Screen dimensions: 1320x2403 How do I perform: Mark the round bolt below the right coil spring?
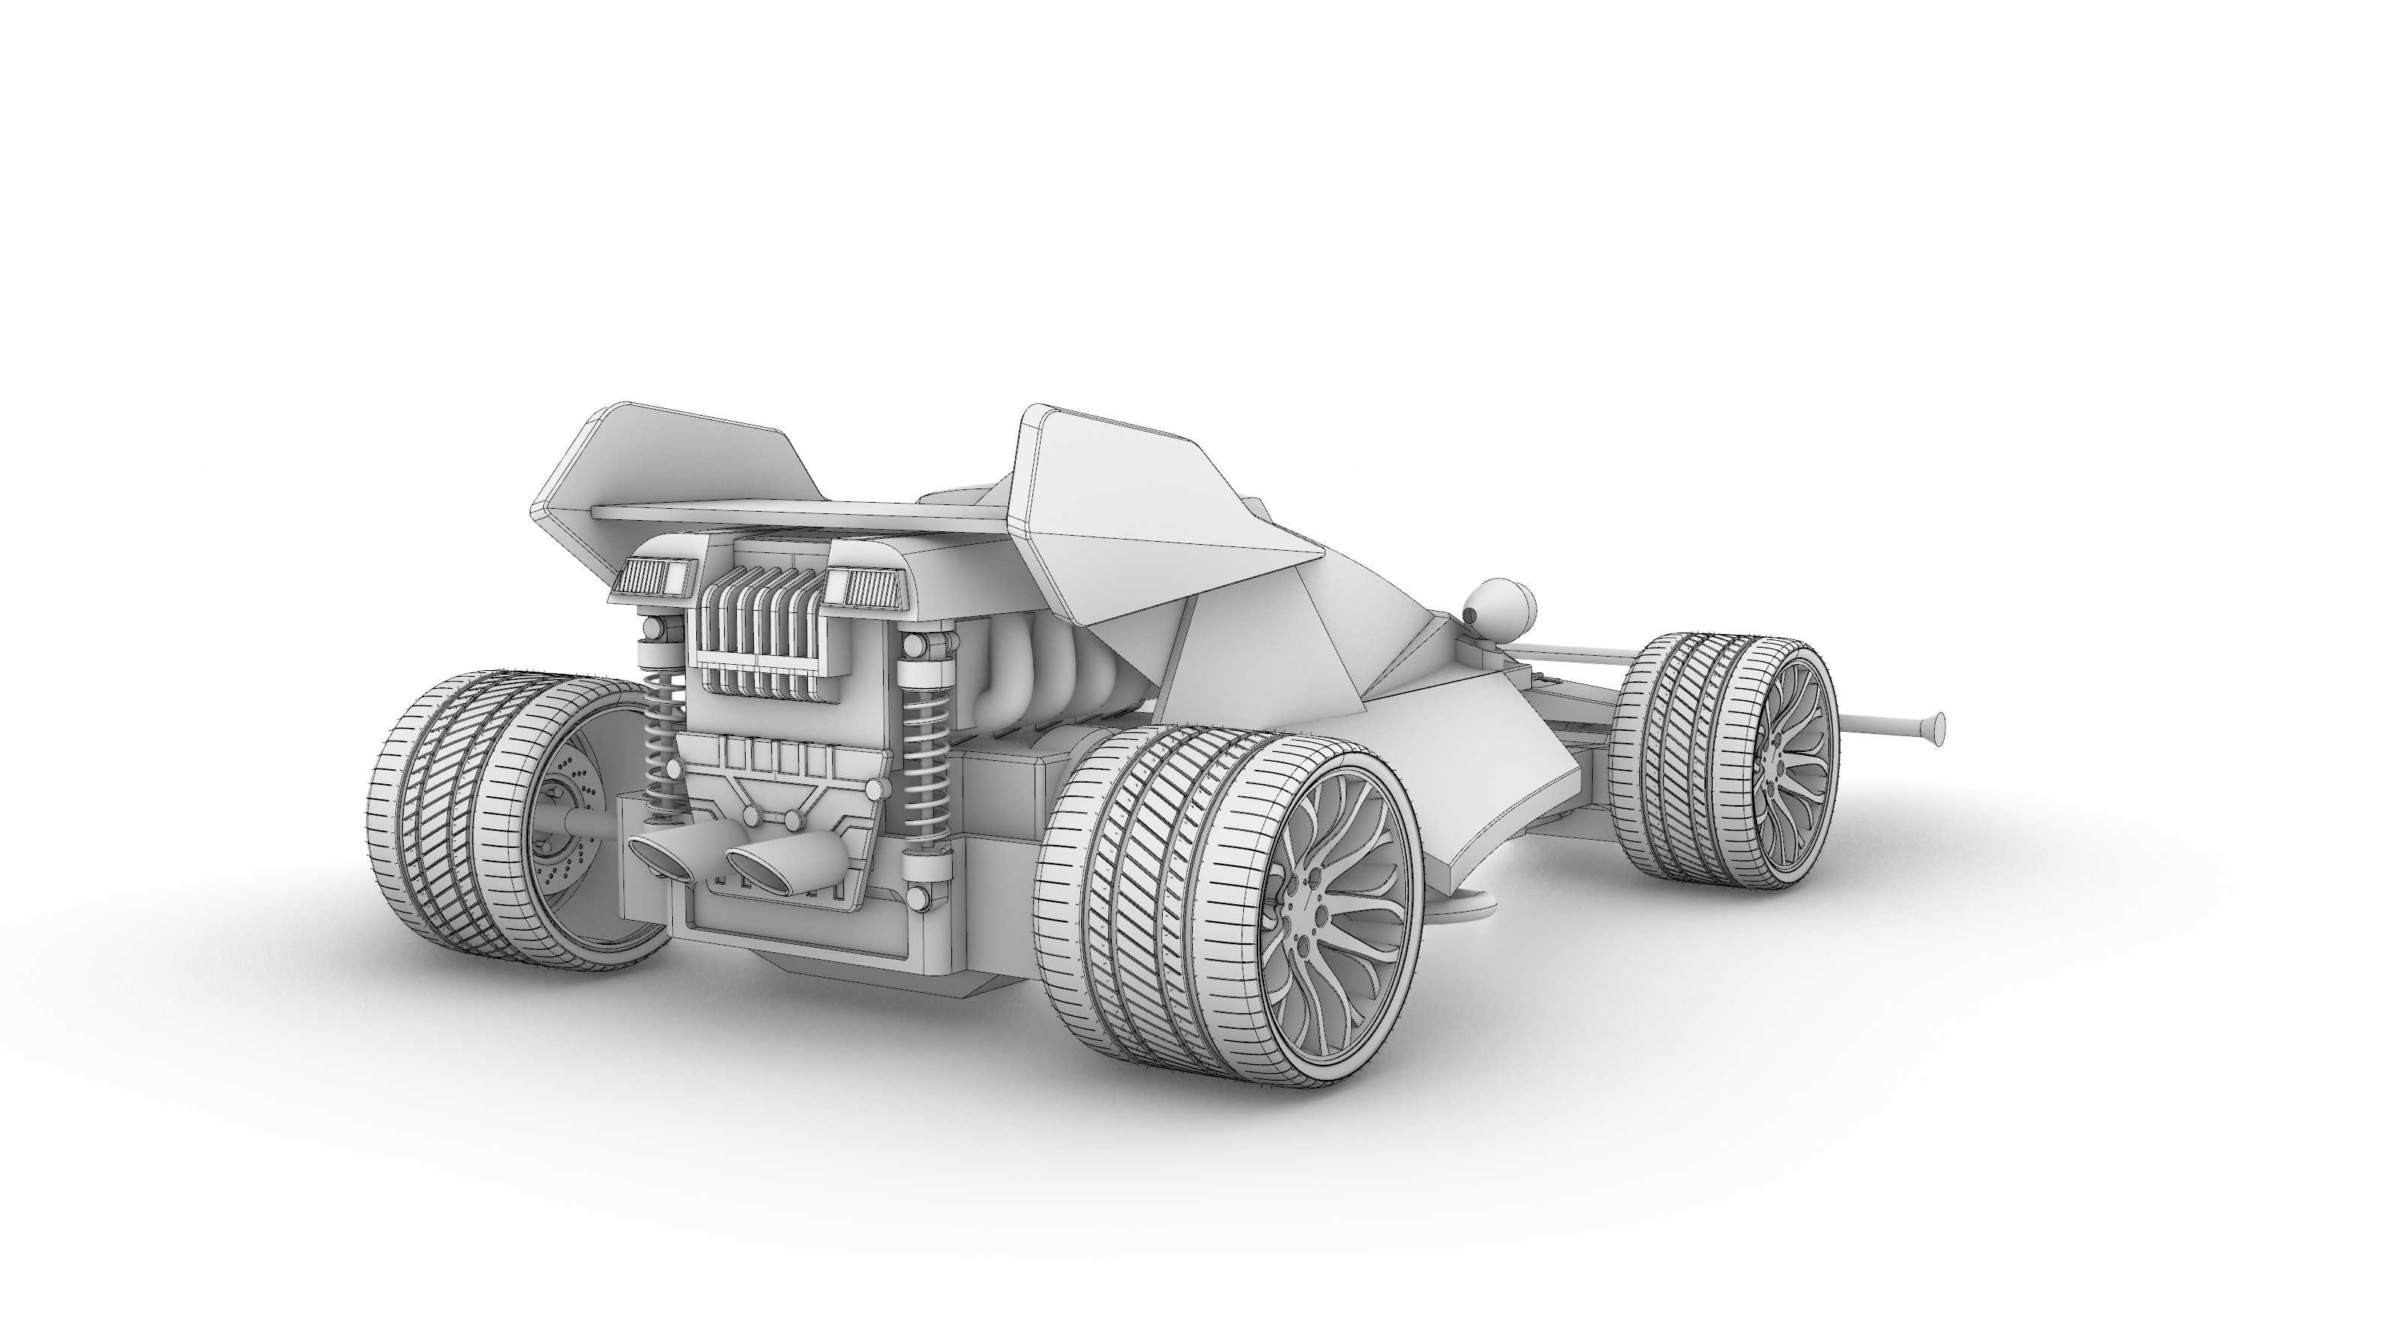(x=920, y=898)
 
